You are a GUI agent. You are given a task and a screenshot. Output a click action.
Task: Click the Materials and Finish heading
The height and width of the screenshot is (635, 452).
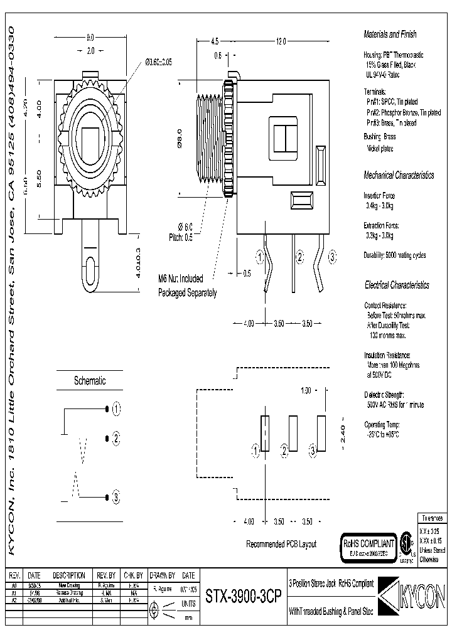(390, 35)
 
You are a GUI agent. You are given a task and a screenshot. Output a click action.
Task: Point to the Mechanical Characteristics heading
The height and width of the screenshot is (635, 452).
(399, 175)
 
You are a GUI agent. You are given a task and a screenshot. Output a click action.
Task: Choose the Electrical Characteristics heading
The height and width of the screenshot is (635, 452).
(397, 285)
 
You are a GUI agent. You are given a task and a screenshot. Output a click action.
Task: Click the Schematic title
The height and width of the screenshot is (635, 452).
(90, 380)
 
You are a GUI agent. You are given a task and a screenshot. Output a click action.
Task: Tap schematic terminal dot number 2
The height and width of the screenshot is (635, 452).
(106, 438)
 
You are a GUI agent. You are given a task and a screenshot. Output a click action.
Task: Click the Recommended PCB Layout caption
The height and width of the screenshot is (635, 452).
(281, 544)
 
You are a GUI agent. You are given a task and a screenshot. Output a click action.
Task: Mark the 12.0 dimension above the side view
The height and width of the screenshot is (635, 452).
(280, 41)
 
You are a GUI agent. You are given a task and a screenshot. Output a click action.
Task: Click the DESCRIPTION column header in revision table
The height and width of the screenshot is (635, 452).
(68, 575)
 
